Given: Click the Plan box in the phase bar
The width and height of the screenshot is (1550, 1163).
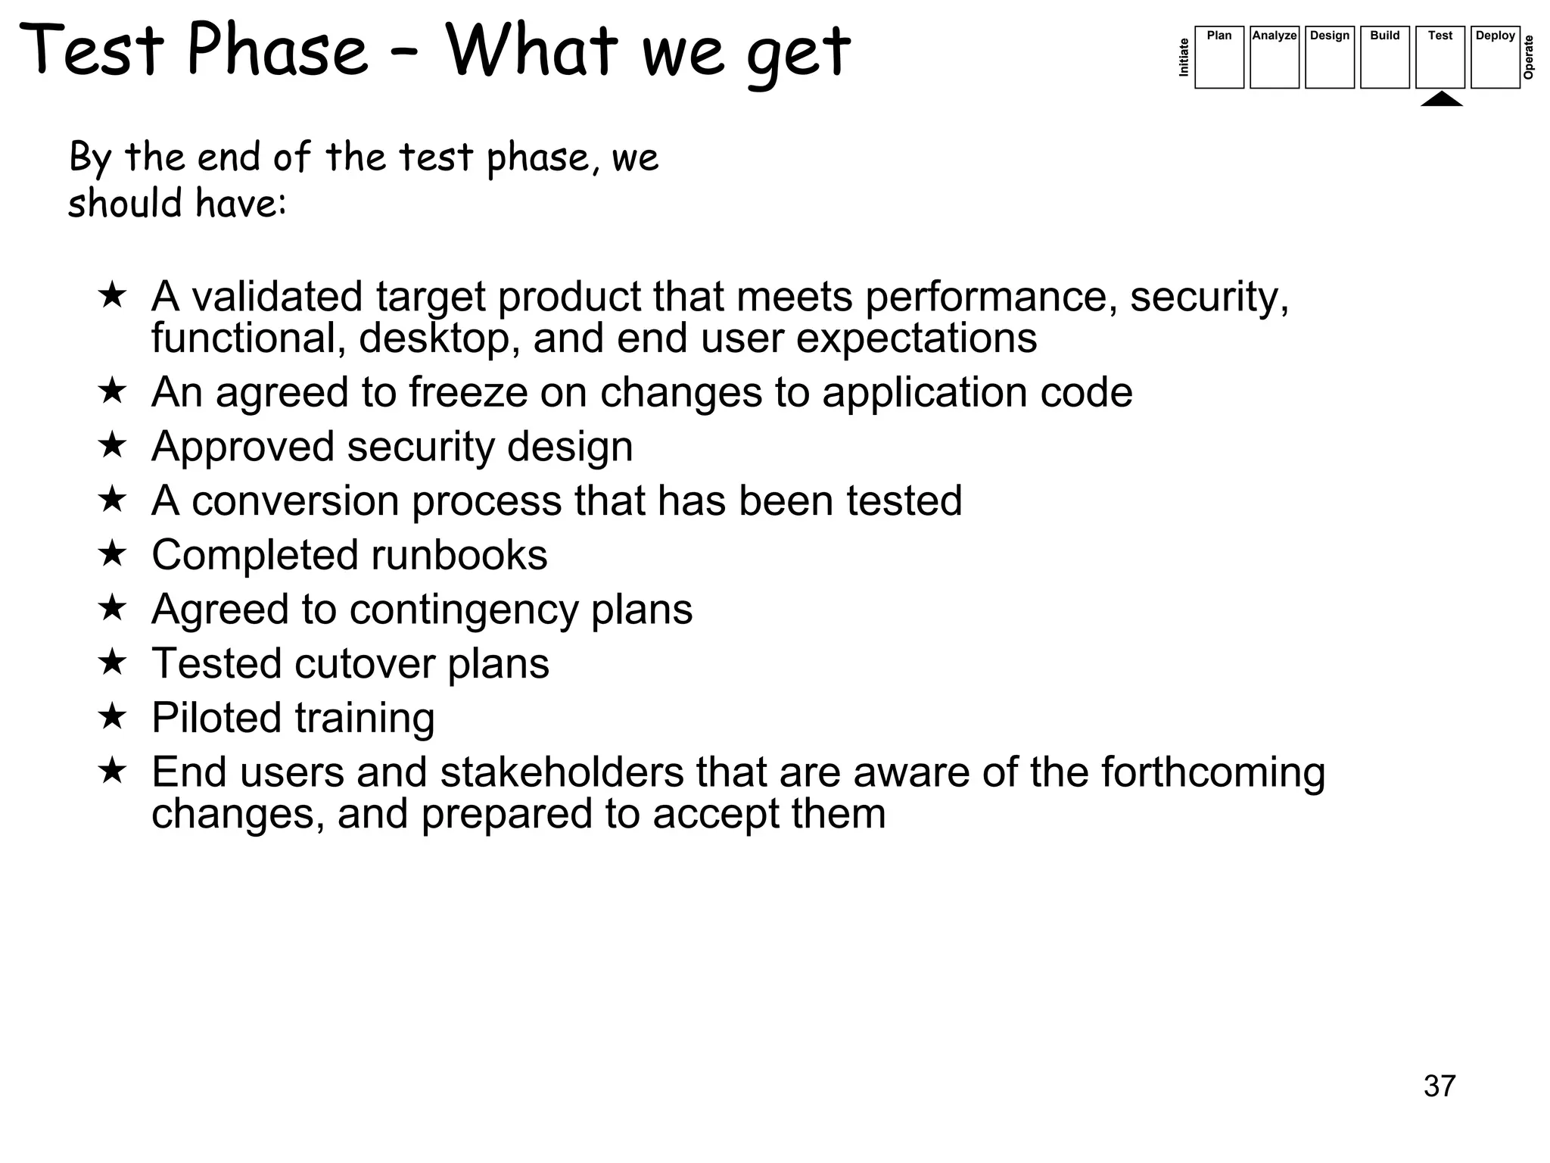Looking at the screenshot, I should pyautogui.click(x=1219, y=58).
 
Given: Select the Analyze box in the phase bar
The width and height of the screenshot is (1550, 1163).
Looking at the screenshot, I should pyautogui.click(x=1274, y=58).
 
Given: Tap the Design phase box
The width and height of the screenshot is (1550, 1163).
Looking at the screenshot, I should pyautogui.click(x=1329, y=58).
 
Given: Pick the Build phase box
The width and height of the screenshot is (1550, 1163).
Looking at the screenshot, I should pyautogui.click(x=1384, y=58).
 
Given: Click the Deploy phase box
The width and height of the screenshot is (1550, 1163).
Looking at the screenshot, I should pyautogui.click(x=1495, y=58).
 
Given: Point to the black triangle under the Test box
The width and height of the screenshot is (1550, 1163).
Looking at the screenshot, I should pyautogui.click(x=1441, y=99).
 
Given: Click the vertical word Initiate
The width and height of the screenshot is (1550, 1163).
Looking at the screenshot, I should pyautogui.click(x=1184, y=58).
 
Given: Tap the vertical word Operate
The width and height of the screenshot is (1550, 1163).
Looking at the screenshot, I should pyautogui.click(x=1528, y=58).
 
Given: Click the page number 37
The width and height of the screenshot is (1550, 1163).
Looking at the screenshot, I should pyautogui.click(x=1439, y=1086).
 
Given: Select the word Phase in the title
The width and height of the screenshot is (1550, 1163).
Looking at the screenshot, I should pyautogui.click(x=277, y=50).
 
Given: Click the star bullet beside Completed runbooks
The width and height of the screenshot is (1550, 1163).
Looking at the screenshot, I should pyautogui.click(x=112, y=553).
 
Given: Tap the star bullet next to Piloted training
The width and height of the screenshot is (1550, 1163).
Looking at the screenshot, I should pyautogui.click(x=112, y=716).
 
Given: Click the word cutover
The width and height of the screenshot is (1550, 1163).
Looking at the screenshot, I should pyautogui.click(x=364, y=664).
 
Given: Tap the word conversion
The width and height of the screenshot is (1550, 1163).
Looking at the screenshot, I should pyautogui.click(x=295, y=501).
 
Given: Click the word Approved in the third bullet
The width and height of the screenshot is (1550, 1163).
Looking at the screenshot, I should pyautogui.click(x=242, y=447).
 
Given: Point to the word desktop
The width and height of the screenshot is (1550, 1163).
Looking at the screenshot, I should pyautogui.click(x=439, y=338).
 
